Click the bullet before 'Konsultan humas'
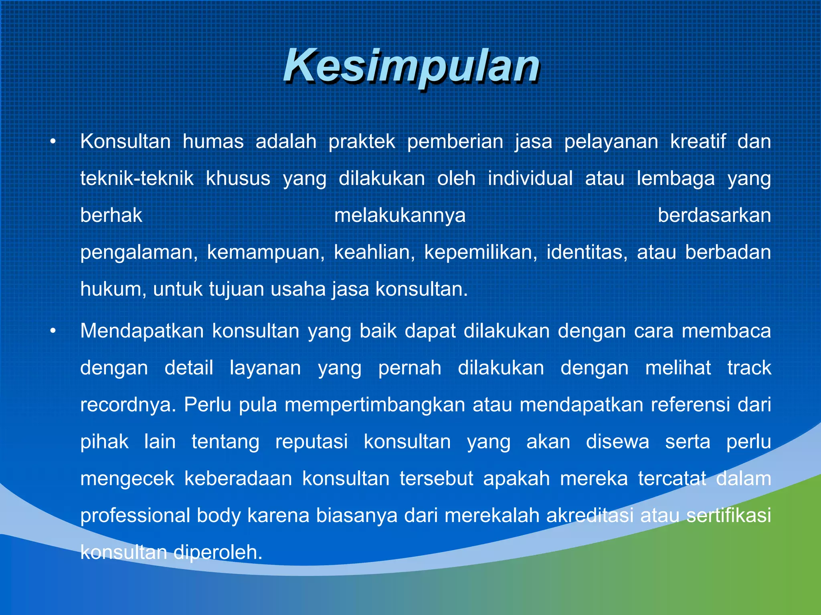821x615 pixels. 53,142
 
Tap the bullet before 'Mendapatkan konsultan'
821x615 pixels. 53,331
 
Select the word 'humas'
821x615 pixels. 213,142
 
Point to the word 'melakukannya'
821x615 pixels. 400,215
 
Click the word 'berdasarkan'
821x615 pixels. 714,215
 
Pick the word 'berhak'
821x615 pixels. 111,215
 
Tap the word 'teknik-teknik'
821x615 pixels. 137,179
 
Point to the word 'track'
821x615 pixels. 749,368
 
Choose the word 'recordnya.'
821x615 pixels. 128,405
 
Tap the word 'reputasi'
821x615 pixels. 311,442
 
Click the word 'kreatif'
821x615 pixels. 698,142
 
